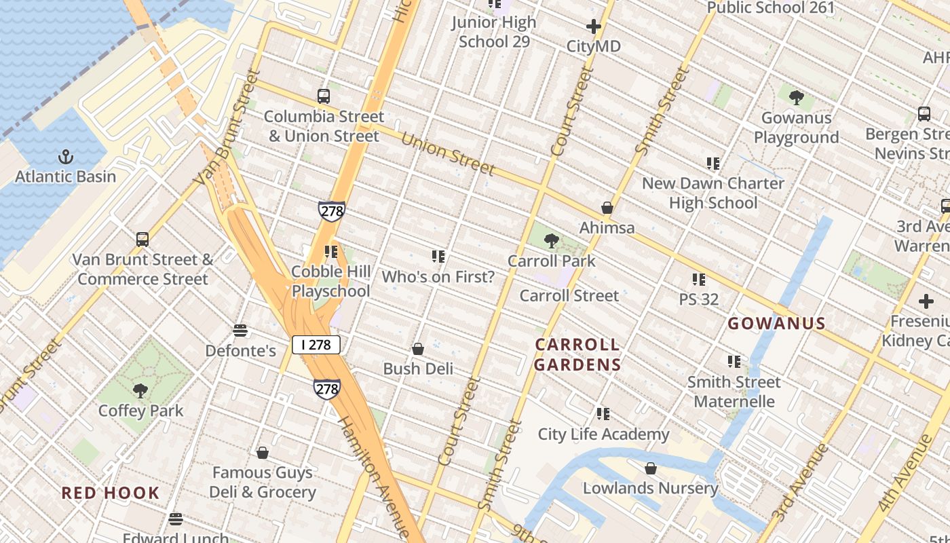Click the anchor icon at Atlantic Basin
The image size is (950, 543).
[66, 157]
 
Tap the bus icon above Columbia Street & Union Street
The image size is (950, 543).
[324, 96]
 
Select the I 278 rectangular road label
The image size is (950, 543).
[316, 345]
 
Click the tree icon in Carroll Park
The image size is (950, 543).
[552, 240]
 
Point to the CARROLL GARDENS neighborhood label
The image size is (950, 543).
[577, 354]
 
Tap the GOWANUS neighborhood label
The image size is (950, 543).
[776, 324]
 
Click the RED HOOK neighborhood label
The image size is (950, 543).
[111, 493]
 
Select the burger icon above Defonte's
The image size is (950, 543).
[240, 331]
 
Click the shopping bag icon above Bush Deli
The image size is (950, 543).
[418, 349]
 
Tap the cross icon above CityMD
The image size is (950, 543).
[594, 27]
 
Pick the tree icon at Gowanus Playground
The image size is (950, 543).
[797, 98]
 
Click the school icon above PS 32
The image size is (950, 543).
[698, 280]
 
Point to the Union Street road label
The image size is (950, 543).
[447, 154]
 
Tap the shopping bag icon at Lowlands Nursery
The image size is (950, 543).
[650, 468]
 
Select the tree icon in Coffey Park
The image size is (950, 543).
[140, 390]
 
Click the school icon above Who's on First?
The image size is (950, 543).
[438, 257]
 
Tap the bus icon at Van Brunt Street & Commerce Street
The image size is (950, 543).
[142, 240]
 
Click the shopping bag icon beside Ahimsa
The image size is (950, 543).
[607, 208]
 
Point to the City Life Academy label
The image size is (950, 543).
[603, 434]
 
